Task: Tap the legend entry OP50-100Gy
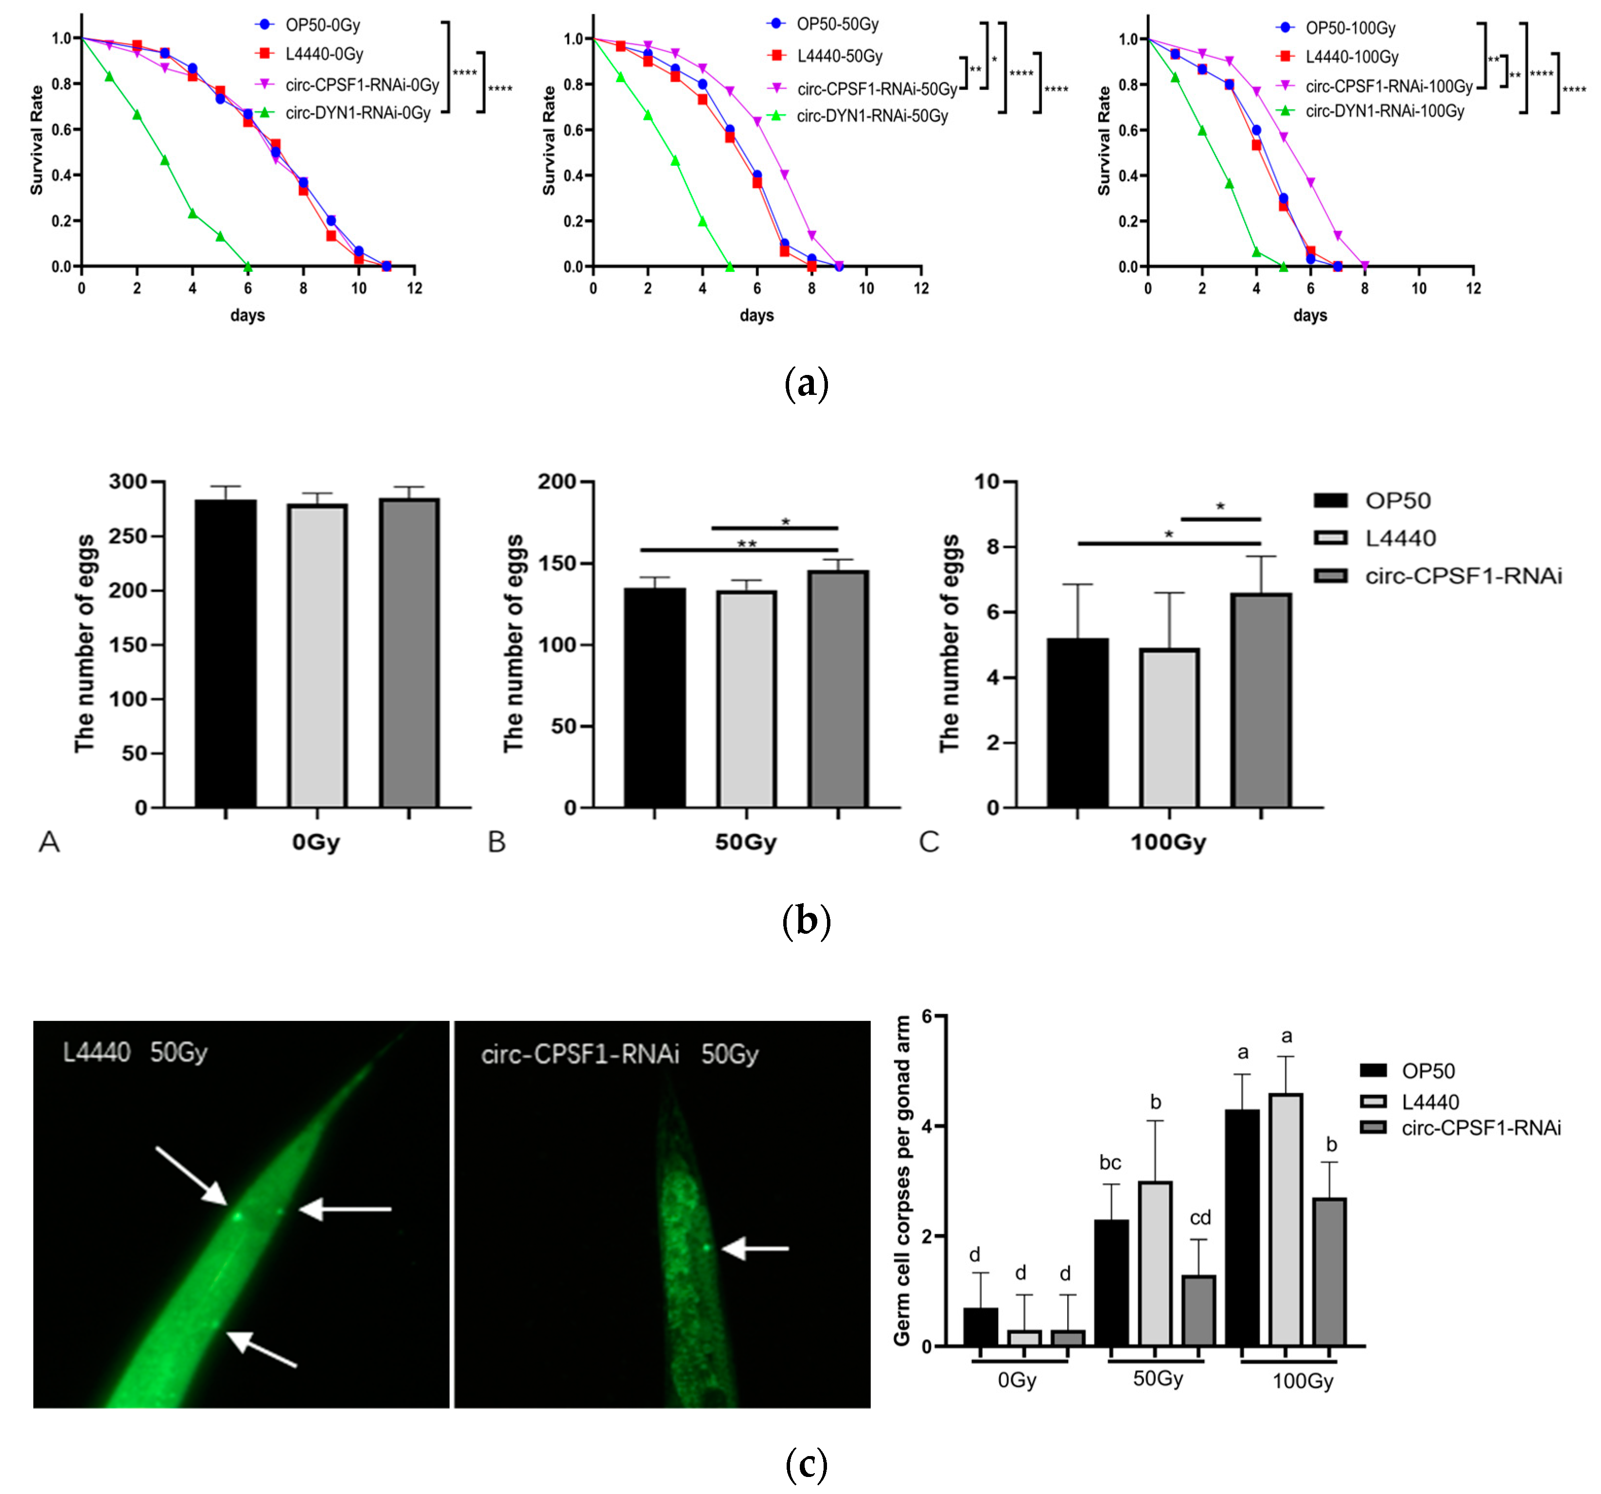1350,28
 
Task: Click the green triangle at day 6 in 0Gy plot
248,267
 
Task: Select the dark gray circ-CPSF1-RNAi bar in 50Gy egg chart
838,689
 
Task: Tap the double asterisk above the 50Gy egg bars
747,544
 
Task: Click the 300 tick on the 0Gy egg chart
129,481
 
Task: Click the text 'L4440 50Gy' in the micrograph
135,1052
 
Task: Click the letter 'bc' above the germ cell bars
1110,1163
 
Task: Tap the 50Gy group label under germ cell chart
1157,1379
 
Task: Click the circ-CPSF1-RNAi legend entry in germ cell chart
1480,1127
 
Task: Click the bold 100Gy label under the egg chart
1168,842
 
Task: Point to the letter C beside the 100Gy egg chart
929,842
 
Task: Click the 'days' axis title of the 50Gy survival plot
756,315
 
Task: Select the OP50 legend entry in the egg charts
1397,501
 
